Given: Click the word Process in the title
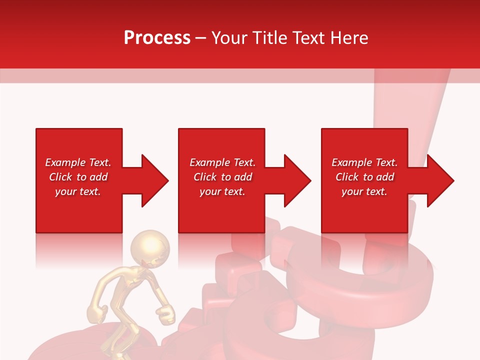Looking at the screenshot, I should tap(157, 38).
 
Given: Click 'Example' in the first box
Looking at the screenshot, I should tap(65, 162).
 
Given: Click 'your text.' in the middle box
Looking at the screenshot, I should tap(222, 191).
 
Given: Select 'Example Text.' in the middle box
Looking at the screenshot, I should tap(222, 162).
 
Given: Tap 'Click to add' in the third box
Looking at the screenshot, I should tap(364, 177).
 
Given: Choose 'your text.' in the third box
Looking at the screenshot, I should tap(364, 191).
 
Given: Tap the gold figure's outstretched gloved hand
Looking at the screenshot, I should tap(166, 314).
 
